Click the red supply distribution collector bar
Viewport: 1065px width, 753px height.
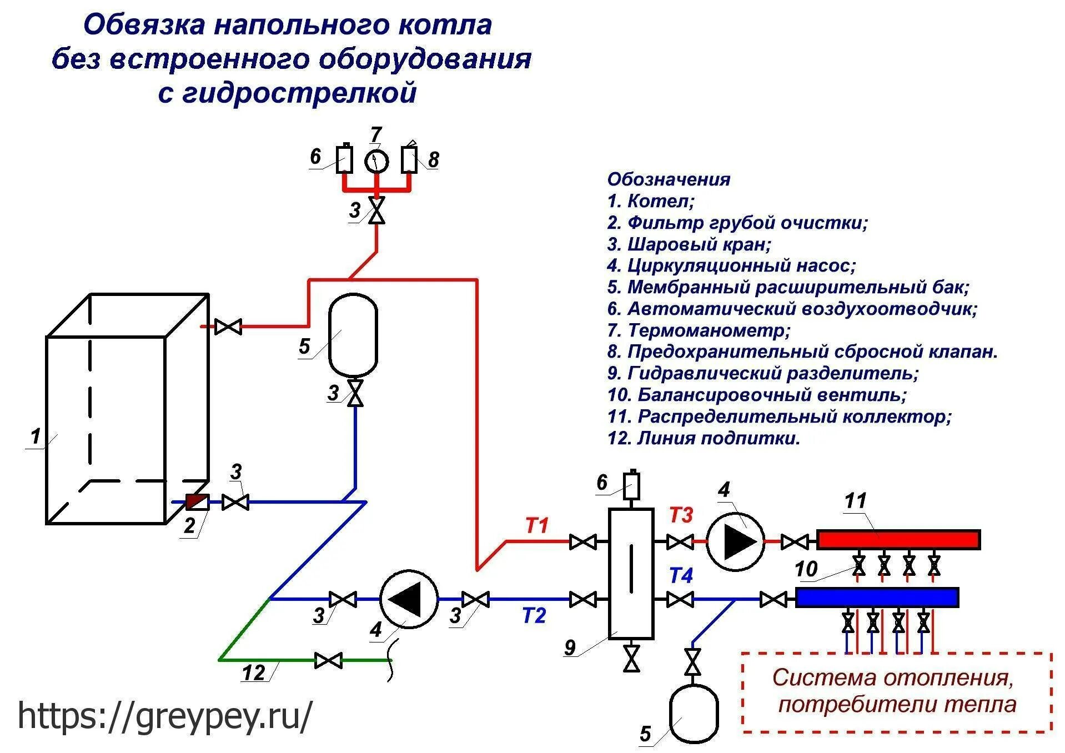point(898,540)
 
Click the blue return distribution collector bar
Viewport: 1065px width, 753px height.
point(877,598)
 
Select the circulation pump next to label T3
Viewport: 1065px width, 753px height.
point(735,541)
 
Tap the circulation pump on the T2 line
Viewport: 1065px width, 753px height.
point(409,599)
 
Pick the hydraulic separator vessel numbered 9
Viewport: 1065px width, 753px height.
point(631,573)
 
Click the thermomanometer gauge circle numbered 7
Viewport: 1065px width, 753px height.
point(376,161)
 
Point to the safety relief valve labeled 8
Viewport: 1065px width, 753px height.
point(410,159)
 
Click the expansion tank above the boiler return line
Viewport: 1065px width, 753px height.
point(353,335)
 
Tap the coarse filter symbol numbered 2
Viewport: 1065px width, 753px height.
point(197,502)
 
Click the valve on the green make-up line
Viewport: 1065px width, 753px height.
point(328,660)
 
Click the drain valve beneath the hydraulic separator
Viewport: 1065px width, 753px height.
point(631,658)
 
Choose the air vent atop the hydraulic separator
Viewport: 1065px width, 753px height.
point(631,485)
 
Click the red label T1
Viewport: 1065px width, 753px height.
point(536,525)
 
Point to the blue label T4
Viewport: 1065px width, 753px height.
point(681,575)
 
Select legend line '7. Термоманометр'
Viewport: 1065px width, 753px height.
point(699,330)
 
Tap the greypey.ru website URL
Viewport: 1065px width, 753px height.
point(165,716)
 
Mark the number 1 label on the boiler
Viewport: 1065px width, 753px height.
point(36,436)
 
